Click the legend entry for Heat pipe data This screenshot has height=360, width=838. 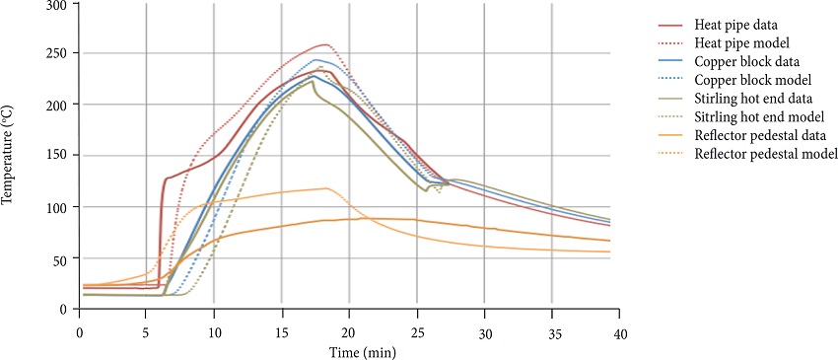[735, 24]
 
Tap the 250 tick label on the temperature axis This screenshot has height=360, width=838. [61, 53]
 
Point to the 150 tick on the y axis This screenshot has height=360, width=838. [61, 156]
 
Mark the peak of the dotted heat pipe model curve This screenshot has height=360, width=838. [325, 44]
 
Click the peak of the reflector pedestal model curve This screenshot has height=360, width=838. [325, 188]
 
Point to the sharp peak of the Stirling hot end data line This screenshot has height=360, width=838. [313, 81]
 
